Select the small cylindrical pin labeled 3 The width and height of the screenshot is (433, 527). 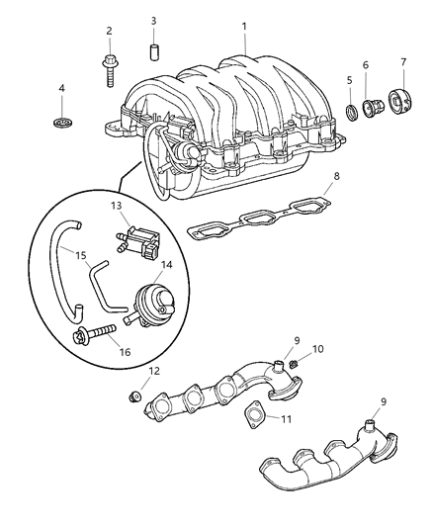tap(154, 51)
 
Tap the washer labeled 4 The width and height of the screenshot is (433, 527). tap(62, 123)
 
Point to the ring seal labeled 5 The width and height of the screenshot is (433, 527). tap(351, 113)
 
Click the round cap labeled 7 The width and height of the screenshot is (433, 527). tap(400, 100)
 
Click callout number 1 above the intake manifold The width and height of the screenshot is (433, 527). tap(244, 27)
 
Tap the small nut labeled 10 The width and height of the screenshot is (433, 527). tap(294, 363)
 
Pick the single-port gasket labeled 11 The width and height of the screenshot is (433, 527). tap(254, 414)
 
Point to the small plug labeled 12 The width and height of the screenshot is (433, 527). tap(135, 396)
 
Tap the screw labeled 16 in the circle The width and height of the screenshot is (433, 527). tap(95, 333)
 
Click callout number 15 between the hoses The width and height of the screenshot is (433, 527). tap(81, 256)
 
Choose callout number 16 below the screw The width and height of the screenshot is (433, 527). tap(125, 352)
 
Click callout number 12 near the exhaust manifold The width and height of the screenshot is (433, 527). tap(154, 371)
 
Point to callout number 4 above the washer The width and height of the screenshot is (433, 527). tap(62, 88)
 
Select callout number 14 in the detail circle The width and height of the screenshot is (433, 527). tap(166, 265)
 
